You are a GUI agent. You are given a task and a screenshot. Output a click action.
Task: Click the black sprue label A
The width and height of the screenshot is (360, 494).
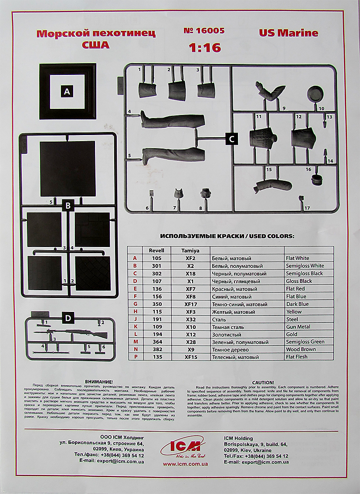(x=67, y=91)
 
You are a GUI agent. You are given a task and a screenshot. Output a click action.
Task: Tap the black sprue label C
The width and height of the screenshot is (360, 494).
(x=231, y=139)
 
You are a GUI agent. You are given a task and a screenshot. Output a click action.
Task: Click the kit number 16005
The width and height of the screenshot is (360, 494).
(x=204, y=31)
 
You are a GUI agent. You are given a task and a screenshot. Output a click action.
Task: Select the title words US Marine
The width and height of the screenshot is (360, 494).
(x=289, y=33)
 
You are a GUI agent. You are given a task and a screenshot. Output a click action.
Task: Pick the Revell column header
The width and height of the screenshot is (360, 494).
(x=156, y=250)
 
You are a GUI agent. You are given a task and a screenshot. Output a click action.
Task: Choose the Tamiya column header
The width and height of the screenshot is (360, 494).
(x=190, y=250)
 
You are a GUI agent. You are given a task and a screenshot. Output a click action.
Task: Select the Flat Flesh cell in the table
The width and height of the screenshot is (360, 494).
(x=296, y=357)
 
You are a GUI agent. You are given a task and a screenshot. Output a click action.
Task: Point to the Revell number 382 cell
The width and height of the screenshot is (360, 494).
(x=157, y=349)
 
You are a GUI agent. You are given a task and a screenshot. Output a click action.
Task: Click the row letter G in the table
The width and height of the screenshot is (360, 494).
(x=135, y=304)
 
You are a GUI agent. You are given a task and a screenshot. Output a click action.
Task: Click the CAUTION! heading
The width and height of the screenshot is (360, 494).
(x=263, y=382)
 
